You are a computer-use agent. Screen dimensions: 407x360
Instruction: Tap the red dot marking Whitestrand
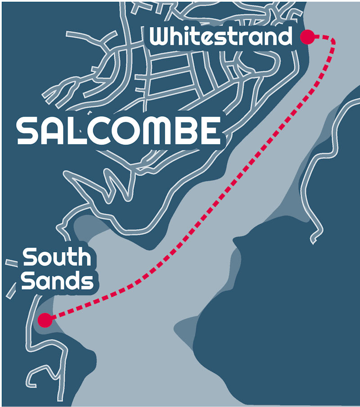307,37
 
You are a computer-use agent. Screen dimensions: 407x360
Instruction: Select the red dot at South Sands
45,320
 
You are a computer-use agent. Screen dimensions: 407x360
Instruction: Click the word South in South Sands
57,258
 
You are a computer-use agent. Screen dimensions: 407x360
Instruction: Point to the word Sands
58,281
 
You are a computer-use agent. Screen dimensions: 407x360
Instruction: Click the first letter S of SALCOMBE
28,131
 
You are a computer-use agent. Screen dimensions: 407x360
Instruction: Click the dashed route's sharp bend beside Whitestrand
333,41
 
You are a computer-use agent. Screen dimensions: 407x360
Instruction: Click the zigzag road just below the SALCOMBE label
110,182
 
